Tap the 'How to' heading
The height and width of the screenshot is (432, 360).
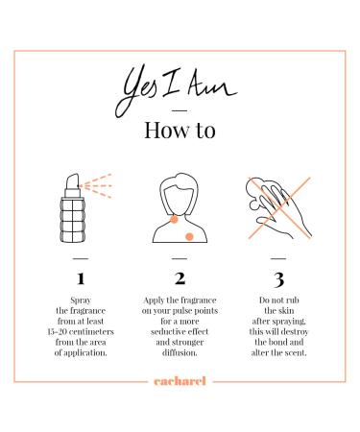click(x=180, y=130)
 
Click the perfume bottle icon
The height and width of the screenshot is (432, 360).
click(x=73, y=208)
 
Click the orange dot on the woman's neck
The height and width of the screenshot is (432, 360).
click(x=174, y=219)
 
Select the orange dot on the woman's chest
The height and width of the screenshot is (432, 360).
click(x=189, y=236)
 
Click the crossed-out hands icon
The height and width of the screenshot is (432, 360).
click(x=279, y=208)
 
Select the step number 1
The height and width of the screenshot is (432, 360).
click(x=81, y=278)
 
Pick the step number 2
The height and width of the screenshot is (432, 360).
click(x=180, y=278)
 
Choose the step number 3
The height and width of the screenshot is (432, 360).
click(x=278, y=279)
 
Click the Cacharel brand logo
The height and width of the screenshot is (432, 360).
click(x=180, y=381)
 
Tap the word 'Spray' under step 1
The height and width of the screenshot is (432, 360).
click(x=81, y=300)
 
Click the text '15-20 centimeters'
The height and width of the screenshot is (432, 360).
click(x=81, y=331)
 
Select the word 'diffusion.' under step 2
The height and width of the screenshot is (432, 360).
click(x=180, y=352)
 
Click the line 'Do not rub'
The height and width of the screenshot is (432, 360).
click(x=278, y=300)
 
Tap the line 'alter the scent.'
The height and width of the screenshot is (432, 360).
click(x=278, y=352)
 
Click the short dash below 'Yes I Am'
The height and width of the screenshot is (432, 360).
click(x=180, y=111)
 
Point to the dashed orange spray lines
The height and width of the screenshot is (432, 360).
click(x=96, y=186)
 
